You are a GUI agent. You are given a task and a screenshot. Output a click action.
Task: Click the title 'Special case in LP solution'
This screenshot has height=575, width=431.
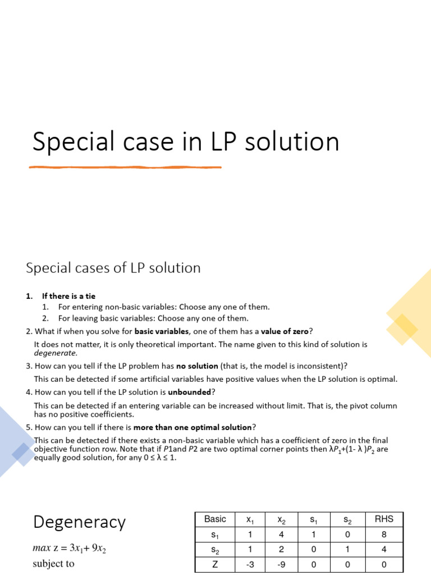tap(186, 142)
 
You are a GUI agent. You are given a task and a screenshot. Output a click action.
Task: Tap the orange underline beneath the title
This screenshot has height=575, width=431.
tap(125, 167)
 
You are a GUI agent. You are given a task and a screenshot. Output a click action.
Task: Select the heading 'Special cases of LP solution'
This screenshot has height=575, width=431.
tap(113, 268)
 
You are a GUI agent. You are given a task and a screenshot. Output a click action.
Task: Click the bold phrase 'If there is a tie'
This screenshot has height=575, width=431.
tap(72, 296)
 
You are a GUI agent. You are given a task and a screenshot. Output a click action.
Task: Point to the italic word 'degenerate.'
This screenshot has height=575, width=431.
tap(56, 354)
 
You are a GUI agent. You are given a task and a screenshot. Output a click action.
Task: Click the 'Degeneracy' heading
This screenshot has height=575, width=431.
tap(79, 522)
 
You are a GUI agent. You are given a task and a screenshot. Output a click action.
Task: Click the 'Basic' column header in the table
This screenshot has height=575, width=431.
tap(215, 519)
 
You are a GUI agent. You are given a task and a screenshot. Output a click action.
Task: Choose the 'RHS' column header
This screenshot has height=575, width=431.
tap(384, 519)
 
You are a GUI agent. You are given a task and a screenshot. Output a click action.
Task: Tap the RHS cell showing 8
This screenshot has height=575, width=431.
tap(384, 534)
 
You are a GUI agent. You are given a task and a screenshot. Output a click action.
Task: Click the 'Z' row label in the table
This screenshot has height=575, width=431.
tap(215, 564)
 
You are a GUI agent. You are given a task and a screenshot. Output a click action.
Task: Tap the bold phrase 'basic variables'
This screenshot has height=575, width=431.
tap(162, 331)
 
